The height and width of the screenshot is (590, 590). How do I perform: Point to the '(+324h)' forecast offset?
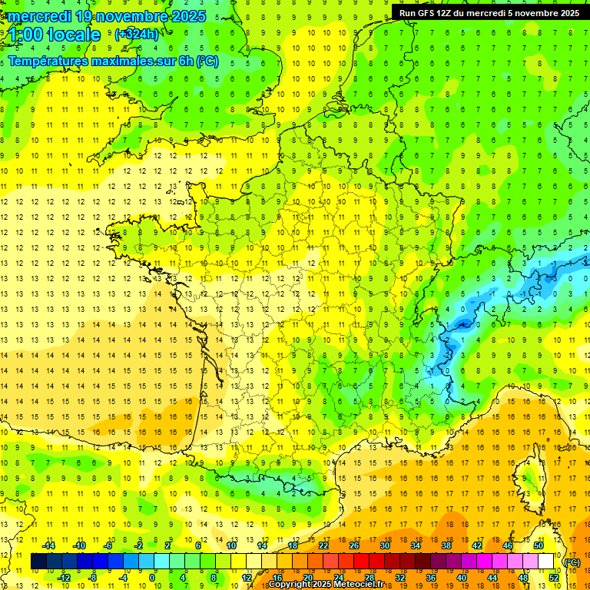[x=137, y=35]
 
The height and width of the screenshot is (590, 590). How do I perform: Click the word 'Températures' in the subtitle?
[x=50, y=61]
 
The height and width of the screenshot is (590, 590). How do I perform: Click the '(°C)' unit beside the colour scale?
[x=572, y=562]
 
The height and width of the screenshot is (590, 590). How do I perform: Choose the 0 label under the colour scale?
[x=152, y=578]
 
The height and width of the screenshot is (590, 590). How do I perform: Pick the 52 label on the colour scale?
[x=553, y=578]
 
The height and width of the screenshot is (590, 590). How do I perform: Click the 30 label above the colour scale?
[x=384, y=545]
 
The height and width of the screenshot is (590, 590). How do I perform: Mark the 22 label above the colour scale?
[x=323, y=545]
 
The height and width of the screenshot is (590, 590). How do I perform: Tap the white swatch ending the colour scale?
[x=545, y=562]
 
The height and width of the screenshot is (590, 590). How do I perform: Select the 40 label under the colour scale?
[x=461, y=578]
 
